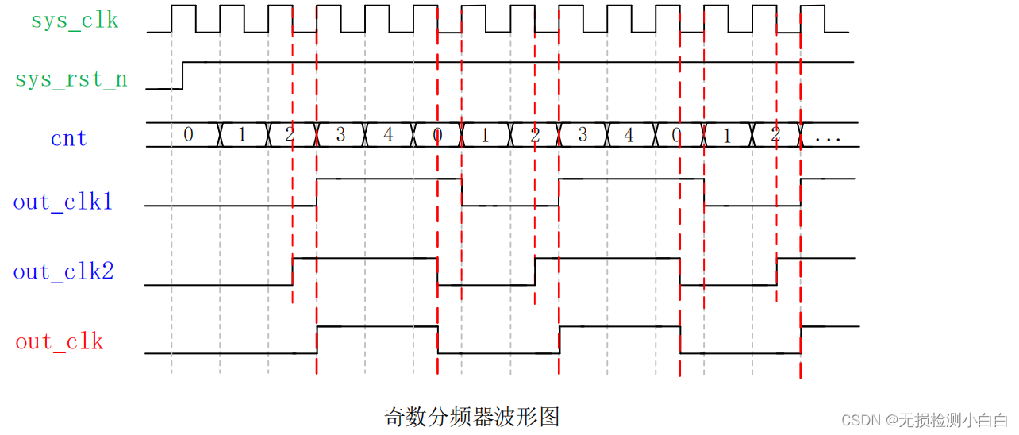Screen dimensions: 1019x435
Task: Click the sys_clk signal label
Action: pos(75,21)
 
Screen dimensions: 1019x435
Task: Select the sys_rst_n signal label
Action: pos(71,79)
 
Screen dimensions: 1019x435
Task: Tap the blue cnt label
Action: pos(68,139)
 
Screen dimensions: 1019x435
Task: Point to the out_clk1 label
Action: pos(63,202)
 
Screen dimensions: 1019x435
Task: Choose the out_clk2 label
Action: pos(63,272)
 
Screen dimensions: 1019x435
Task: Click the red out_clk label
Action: pos(60,342)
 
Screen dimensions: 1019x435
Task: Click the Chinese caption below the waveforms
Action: pos(472,416)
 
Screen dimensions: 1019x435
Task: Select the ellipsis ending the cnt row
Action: pos(828,137)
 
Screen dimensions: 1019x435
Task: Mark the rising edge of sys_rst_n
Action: pos(183,75)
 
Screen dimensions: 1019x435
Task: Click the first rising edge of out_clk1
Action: pos(317,192)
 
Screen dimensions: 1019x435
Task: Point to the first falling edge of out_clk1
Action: pos(462,192)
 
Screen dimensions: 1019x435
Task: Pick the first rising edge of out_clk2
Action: pos(293,271)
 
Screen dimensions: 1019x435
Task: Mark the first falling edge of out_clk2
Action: pos(438,271)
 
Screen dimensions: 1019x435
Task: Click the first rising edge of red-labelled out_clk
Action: pos(317,340)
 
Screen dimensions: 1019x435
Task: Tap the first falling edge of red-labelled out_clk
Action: pos(438,340)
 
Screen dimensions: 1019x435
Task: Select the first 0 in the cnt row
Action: pos(188,135)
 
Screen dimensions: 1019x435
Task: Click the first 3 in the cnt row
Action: pos(340,135)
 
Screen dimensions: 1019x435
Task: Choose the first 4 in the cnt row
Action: pos(388,135)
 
